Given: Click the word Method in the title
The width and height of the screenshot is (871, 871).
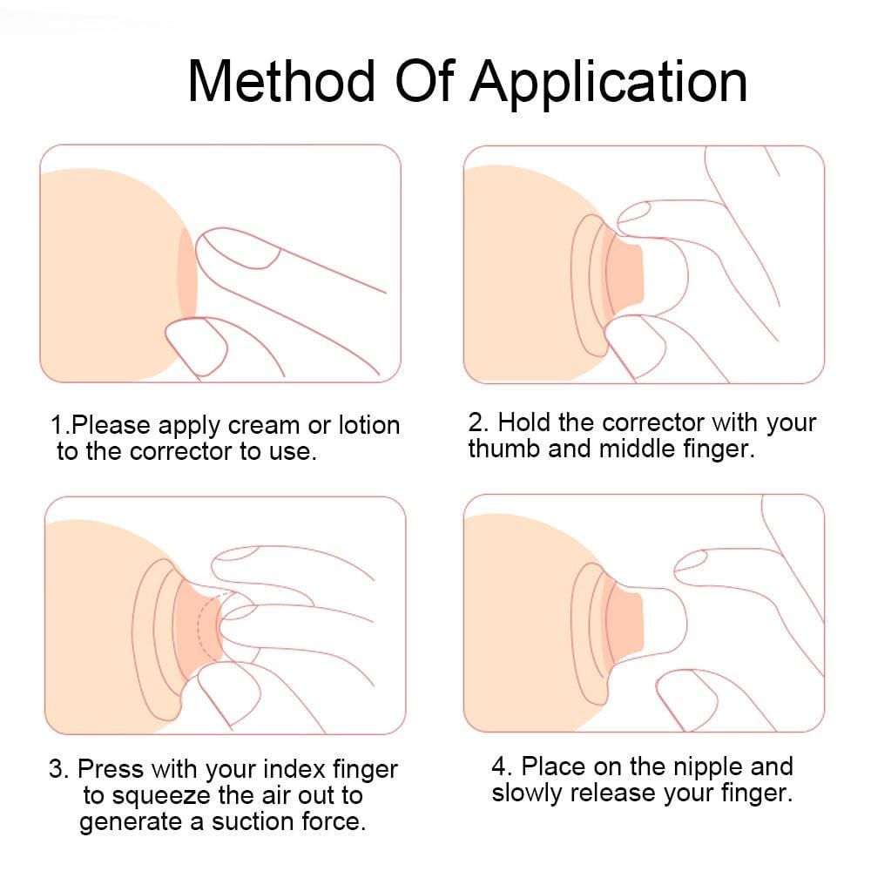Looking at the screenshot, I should (280, 82).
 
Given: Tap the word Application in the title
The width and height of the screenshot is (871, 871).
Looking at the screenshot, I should (609, 82).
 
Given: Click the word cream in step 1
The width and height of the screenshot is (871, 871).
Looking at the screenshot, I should (261, 426).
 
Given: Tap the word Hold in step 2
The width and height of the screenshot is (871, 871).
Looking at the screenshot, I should (523, 423).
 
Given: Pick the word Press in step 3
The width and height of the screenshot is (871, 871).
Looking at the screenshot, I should (111, 770).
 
